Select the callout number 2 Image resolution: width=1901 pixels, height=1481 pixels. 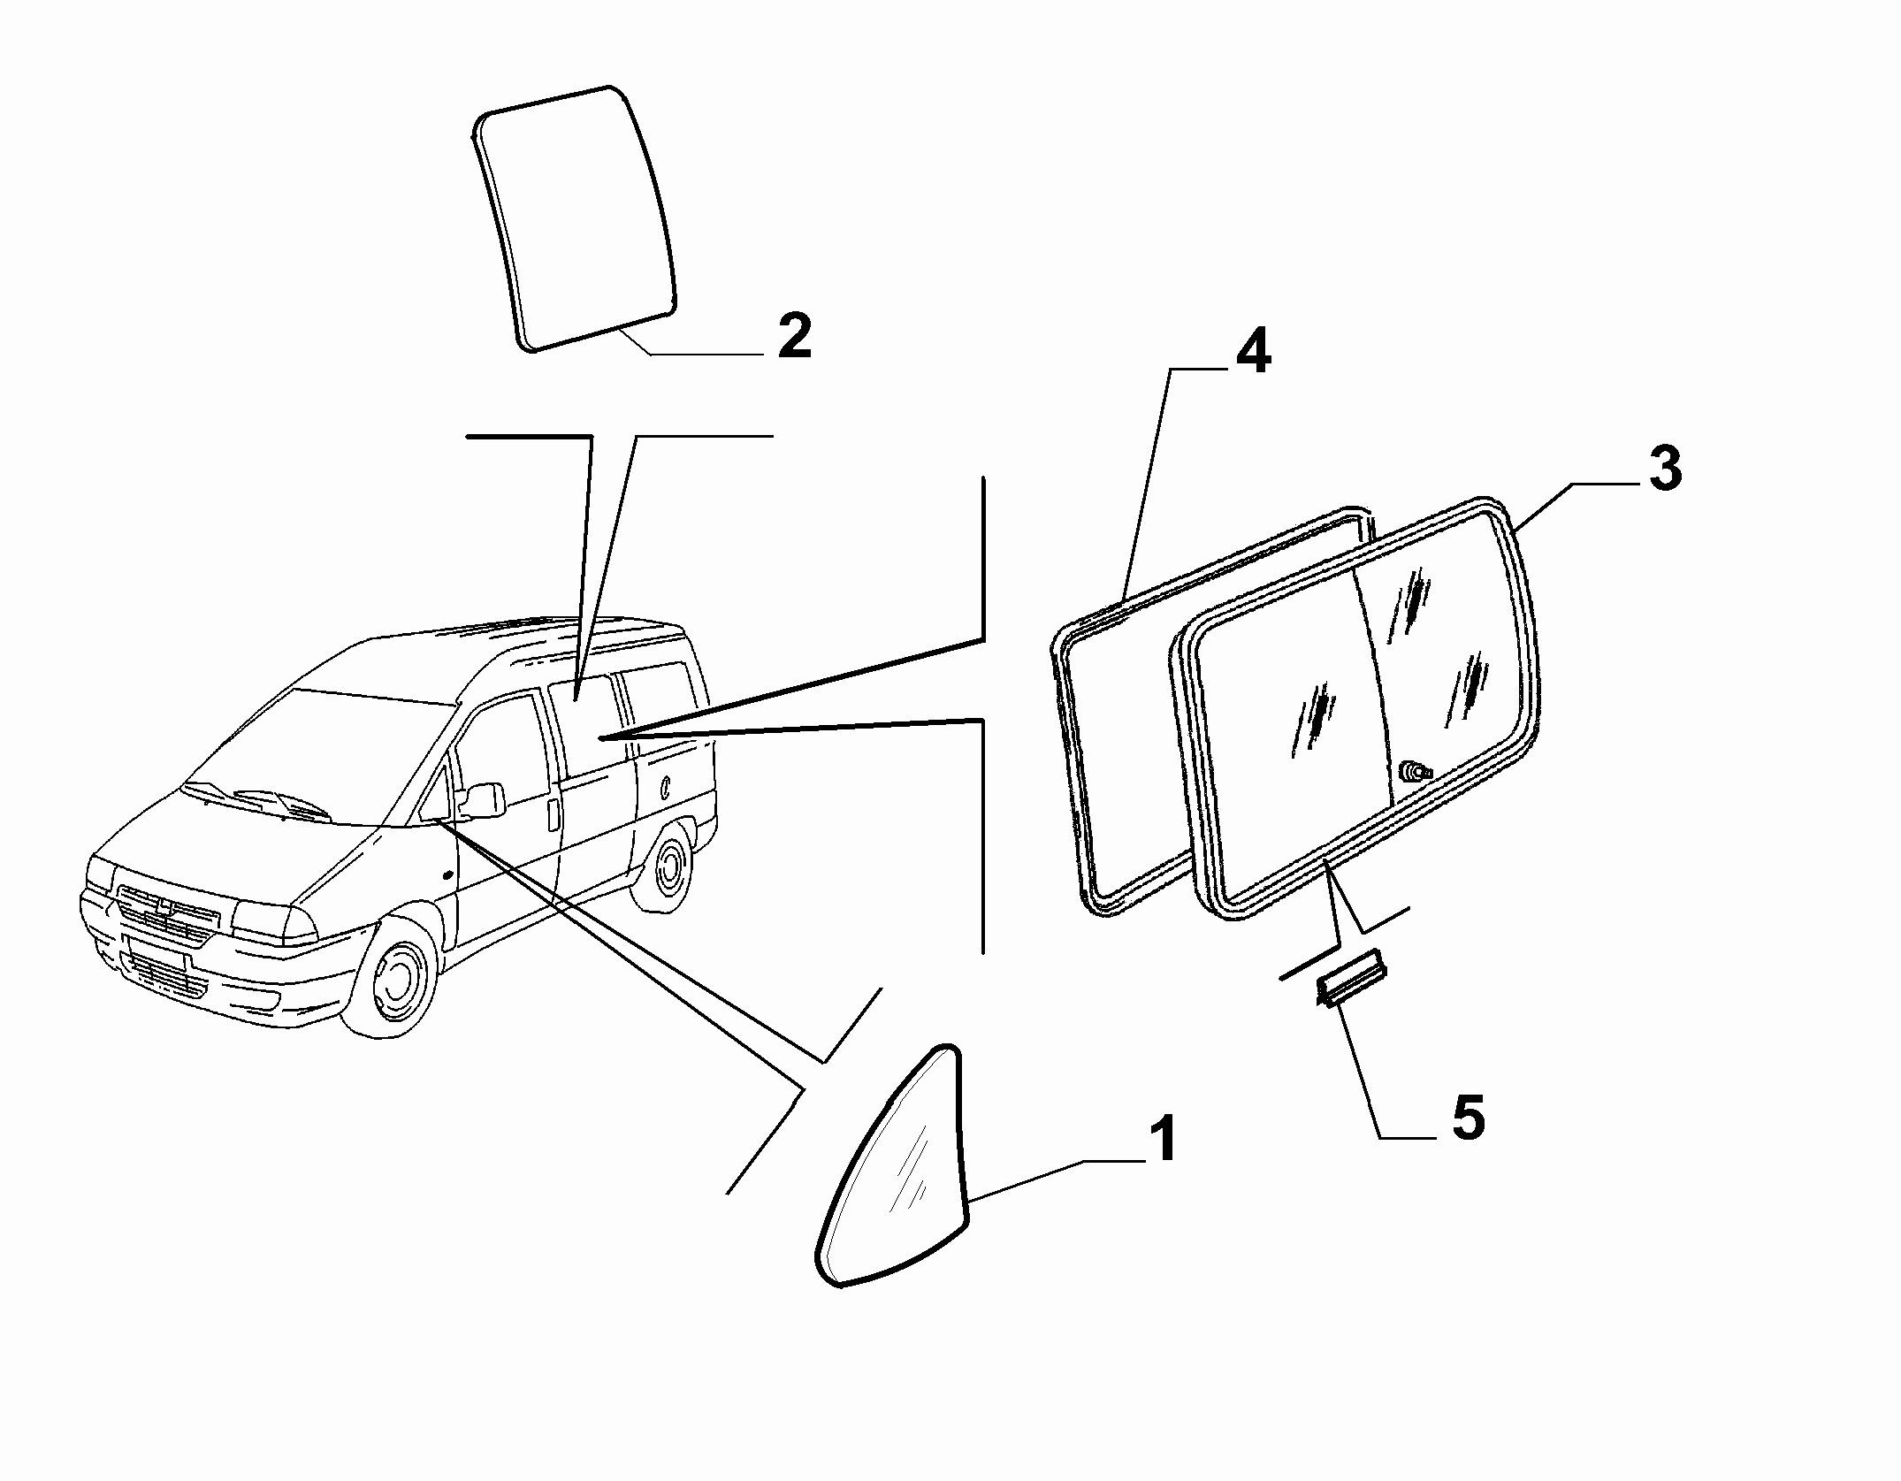(794, 334)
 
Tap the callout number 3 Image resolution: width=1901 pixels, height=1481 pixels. (1665, 469)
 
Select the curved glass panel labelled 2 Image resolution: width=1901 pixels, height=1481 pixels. (576, 218)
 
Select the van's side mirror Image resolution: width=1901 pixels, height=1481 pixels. (481, 799)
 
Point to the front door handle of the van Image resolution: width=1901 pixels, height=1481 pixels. (554, 815)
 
